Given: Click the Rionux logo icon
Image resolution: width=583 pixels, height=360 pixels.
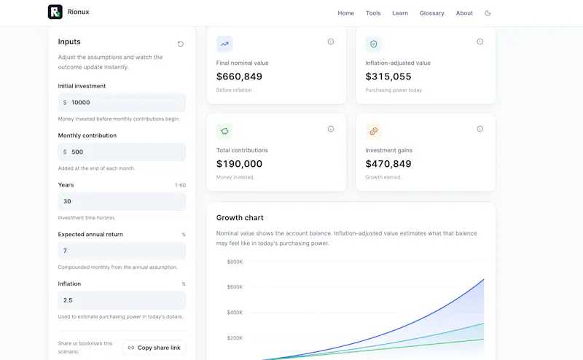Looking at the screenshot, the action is click(x=55, y=12).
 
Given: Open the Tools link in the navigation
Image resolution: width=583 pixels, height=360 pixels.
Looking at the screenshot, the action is click(x=373, y=13).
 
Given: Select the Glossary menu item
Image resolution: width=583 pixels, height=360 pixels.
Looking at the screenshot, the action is click(x=431, y=13).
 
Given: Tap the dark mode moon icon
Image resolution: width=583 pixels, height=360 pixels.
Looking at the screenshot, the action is click(x=488, y=13).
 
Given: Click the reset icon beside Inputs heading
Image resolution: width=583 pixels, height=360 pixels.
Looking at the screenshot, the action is click(x=180, y=44).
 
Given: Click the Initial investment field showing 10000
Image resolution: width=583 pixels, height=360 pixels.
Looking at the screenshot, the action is click(x=122, y=102).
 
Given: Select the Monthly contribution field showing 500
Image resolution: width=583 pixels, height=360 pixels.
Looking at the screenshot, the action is click(x=122, y=152).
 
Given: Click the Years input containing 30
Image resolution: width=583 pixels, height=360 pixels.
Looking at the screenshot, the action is click(x=122, y=201).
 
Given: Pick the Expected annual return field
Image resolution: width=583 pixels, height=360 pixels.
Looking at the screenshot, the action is click(x=122, y=251).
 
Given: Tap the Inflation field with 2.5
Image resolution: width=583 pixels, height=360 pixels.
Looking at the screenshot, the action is click(x=122, y=300).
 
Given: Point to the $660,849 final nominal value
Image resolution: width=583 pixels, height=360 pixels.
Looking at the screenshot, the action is click(x=239, y=77).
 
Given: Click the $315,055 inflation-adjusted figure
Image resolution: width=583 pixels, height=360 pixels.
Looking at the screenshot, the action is click(x=388, y=77).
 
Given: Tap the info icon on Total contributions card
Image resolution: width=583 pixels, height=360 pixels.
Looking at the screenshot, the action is click(x=331, y=129).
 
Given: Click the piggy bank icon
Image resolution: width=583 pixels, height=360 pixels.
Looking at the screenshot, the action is click(x=224, y=131).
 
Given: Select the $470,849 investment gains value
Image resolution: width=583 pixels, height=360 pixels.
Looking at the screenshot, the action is click(x=388, y=164).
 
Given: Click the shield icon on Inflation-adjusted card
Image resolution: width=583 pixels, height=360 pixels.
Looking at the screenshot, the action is click(x=373, y=44).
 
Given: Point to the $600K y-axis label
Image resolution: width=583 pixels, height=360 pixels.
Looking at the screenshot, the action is click(x=235, y=287).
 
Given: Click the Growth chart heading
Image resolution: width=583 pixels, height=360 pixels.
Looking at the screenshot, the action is click(x=240, y=218).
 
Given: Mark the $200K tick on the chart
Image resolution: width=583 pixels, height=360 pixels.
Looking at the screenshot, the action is click(x=235, y=338).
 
